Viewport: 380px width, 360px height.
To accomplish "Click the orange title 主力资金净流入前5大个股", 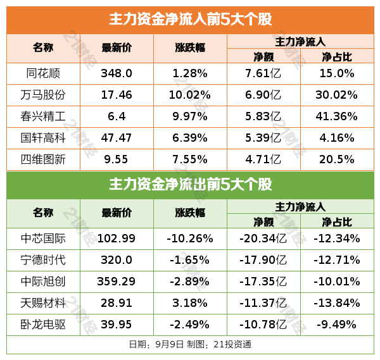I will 190,20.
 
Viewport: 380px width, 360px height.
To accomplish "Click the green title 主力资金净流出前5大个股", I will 190,185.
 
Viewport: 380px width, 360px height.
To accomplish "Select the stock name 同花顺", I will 43,73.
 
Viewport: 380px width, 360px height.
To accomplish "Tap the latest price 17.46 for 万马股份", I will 117,95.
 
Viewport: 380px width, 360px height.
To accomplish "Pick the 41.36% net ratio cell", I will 338,116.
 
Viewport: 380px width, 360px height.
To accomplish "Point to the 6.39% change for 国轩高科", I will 190,138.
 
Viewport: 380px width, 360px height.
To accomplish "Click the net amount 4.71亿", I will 263,159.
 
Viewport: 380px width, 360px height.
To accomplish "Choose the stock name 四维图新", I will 43,159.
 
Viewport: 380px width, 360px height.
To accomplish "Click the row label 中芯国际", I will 43,239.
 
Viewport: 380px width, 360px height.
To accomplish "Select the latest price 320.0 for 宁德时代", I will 117,260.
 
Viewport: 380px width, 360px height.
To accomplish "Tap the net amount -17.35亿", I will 263,282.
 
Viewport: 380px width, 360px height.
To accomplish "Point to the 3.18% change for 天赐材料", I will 190,303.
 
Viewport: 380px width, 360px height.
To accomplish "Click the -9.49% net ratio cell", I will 338,325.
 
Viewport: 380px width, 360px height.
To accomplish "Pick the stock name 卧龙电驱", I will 43,325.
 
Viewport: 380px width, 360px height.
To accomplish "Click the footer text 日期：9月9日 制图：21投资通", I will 190,345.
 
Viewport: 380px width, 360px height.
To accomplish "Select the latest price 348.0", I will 117,73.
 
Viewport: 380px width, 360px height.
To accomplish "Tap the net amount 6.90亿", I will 263,95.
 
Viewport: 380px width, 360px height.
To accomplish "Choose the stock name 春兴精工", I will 43,116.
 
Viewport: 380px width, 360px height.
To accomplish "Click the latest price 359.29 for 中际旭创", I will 117,282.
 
